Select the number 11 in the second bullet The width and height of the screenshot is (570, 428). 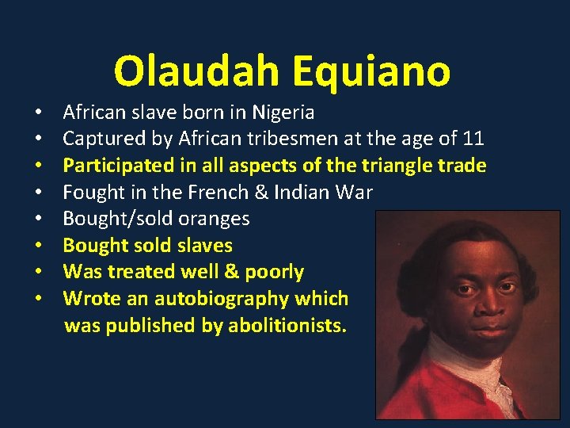coord(473,139)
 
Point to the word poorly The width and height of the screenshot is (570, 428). coord(274,272)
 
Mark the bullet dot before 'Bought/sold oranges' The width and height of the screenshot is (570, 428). coord(38,220)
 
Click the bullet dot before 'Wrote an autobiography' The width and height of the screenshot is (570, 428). coord(38,300)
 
